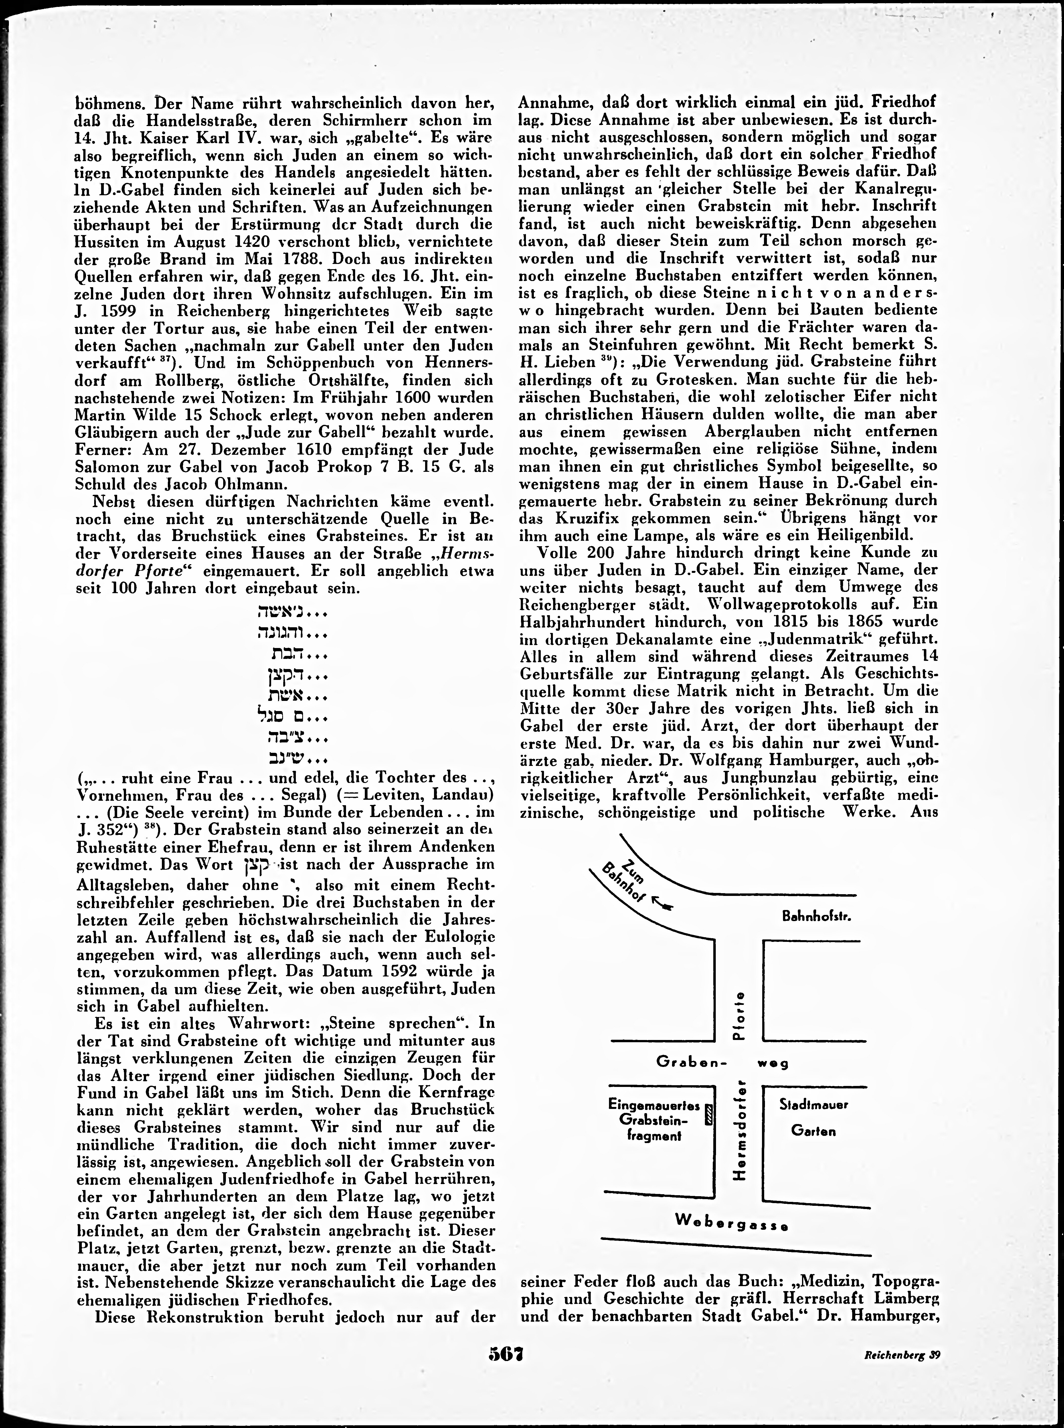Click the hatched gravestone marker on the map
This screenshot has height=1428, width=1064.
click(x=709, y=1114)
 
